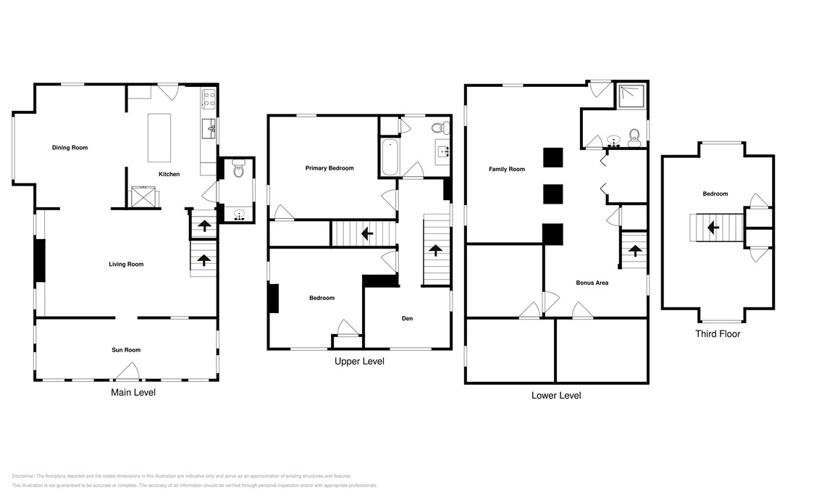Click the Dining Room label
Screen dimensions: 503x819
tap(70, 148)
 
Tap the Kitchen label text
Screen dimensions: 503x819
tap(169, 174)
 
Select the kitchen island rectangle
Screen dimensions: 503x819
tap(159, 138)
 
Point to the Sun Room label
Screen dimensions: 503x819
tap(126, 350)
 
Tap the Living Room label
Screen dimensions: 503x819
tap(126, 265)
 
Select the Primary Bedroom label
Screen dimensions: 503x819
tap(329, 168)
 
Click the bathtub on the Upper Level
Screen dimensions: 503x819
tap(390, 157)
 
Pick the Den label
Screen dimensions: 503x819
tap(408, 318)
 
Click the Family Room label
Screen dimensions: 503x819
tap(507, 170)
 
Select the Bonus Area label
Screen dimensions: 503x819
tap(592, 283)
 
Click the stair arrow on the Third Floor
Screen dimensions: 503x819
tap(713, 227)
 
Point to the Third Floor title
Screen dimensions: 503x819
tap(718, 334)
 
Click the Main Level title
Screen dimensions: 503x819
tap(133, 392)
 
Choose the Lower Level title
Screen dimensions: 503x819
tap(555, 396)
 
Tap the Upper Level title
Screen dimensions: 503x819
tap(359, 361)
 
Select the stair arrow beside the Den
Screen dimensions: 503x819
tap(436, 251)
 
